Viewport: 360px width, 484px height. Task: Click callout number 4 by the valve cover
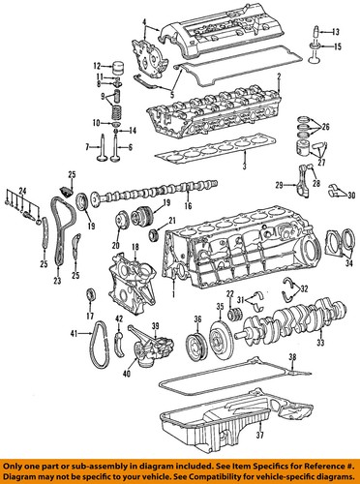click(144, 21)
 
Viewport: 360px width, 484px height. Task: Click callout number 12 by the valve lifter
click(98, 66)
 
